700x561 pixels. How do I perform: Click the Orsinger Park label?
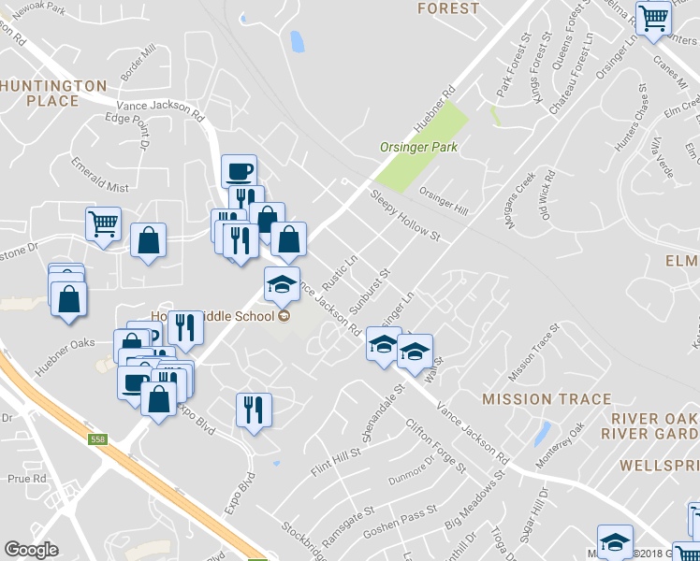click(x=417, y=147)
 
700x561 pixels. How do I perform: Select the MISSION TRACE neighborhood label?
click(x=533, y=399)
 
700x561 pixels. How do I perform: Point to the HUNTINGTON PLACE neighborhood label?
click(x=53, y=93)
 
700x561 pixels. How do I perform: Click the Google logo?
click(x=31, y=550)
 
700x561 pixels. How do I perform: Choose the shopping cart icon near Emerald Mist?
click(x=103, y=223)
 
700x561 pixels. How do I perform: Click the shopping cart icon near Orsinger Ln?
click(x=653, y=16)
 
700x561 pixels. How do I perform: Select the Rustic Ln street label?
click(x=341, y=274)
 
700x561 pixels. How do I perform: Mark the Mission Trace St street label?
click(x=532, y=352)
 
